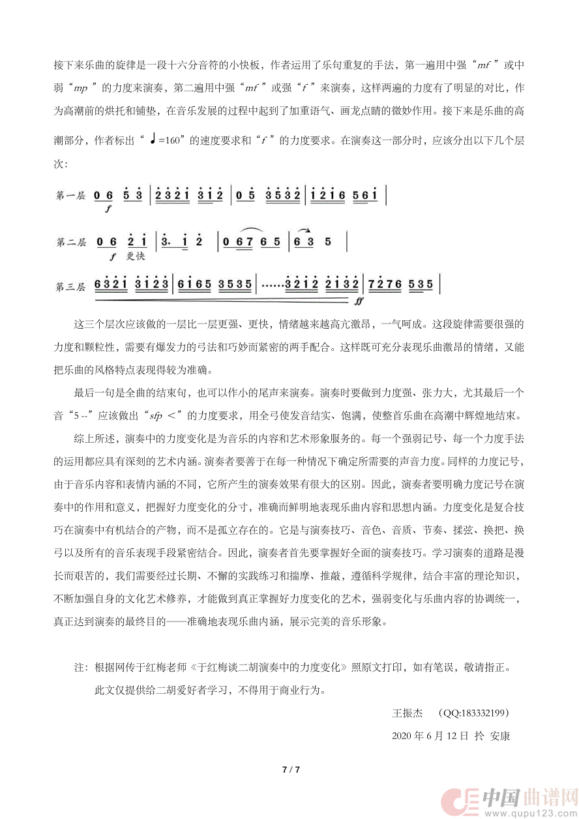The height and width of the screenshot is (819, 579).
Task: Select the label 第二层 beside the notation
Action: click(x=70, y=243)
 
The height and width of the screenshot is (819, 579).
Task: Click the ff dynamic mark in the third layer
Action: click(x=359, y=302)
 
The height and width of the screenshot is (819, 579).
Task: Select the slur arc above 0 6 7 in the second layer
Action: click(x=240, y=231)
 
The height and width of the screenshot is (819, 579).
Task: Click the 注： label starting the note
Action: click(x=80, y=668)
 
